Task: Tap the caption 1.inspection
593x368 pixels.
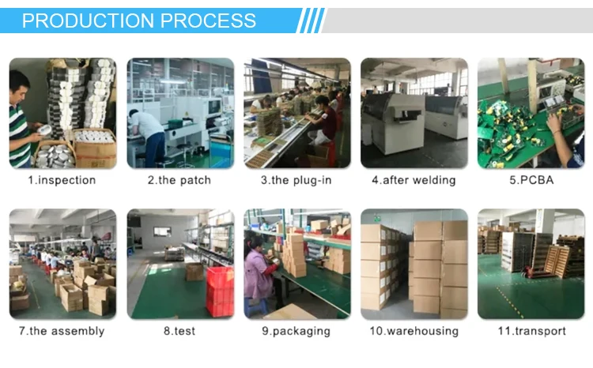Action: pyautogui.click(x=62, y=180)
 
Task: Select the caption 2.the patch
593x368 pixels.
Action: pyautogui.click(x=179, y=180)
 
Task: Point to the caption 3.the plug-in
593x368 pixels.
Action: pyautogui.click(x=296, y=180)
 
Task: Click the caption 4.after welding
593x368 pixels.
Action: pyautogui.click(x=414, y=180)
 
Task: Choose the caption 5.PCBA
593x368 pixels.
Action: pyautogui.click(x=531, y=180)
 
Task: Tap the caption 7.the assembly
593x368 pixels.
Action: pyautogui.click(x=62, y=331)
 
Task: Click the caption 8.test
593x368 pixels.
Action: pyautogui.click(x=179, y=331)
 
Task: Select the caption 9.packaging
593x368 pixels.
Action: pyautogui.click(x=296, y=331)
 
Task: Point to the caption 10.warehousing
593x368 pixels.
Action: pyautogui.click(x=414, y=331)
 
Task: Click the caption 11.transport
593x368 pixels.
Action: pyautogui.click(x=531, y=331)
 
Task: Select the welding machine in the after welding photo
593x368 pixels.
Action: pyautogui.click(x=395, y=118)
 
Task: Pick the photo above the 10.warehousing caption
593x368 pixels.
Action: pyautogui.click(x=414, y=264)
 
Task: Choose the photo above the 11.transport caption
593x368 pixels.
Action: pyautogui.click(x=531, y=264)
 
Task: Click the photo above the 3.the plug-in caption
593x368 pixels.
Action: pyautogui.click(x=296, y=113)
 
